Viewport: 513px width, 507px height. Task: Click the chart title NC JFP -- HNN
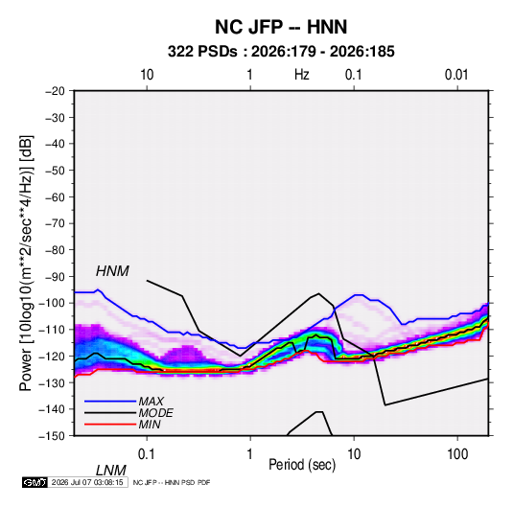(x=281, y=27)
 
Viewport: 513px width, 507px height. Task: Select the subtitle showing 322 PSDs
(x=281, y=52)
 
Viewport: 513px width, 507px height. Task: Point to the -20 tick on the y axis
(x=55, y=91)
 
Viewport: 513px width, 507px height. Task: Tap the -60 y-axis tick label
(x=55, y=196)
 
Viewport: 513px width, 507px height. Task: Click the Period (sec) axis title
(x=302, y=465)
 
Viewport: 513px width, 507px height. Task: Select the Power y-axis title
(x=26, y=264)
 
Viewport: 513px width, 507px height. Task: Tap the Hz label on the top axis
(x=302, y=75)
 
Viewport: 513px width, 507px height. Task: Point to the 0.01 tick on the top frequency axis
(x=456, y=75)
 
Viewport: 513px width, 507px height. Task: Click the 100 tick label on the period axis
(x=457, y=454)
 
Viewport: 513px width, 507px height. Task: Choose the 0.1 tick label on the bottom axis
(x=147, y=454)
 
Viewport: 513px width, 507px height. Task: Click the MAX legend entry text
(x=152, y=402)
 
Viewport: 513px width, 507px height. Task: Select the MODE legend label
(x=155, y=413)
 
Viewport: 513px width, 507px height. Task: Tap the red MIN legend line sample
(x=110, y=425)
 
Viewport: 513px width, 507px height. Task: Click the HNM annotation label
(x=112, y=271)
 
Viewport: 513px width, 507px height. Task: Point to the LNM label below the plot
(x=111, y=471)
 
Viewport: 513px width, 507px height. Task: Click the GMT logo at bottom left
(x=35, y=482)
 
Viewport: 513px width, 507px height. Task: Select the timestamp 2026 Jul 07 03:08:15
(x=87, y=482)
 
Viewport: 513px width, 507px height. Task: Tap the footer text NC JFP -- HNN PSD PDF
(x=172, y=482)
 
